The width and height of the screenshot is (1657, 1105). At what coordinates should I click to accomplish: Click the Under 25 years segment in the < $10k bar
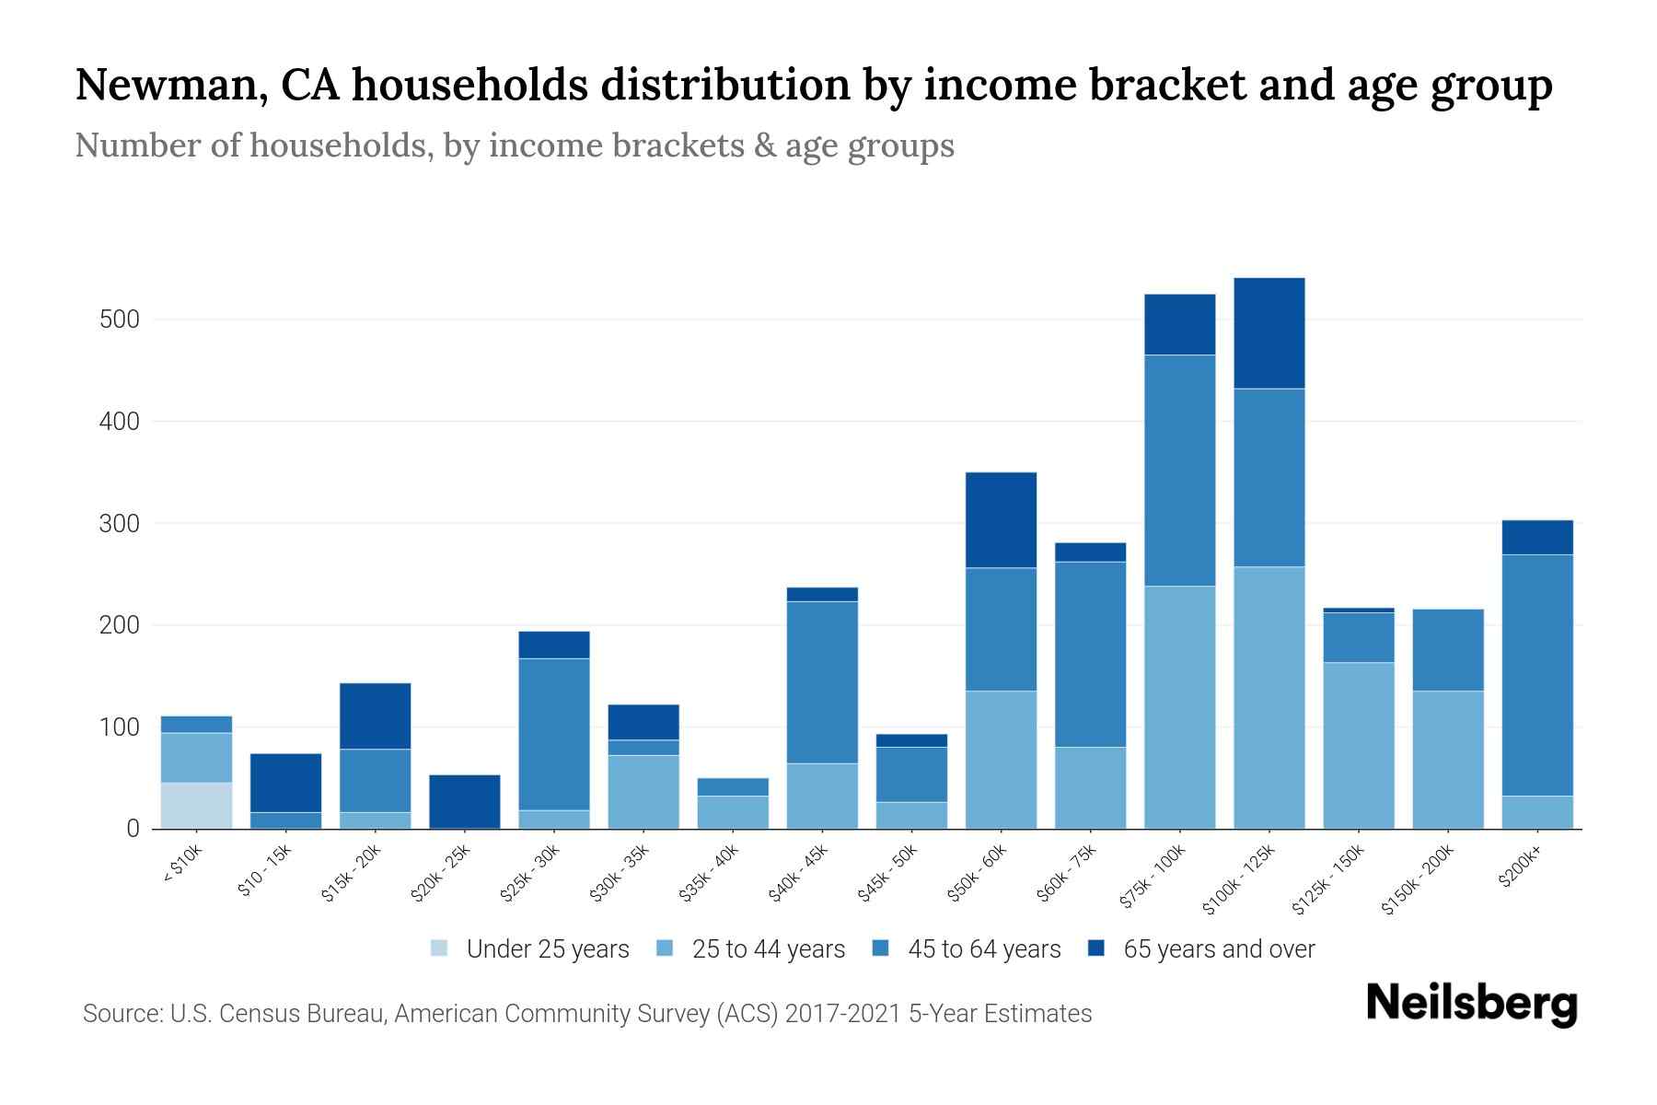[196, 805]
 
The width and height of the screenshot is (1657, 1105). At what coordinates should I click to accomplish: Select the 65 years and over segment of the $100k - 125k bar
[1269, 332]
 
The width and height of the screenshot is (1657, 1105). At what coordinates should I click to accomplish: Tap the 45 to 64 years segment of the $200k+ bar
[1536, 674]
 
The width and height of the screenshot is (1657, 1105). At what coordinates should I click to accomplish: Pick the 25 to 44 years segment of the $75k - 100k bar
[1179, 706]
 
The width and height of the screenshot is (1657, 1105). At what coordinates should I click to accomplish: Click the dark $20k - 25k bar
[465, 800]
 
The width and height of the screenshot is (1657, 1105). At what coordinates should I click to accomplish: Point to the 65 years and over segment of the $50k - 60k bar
[1001, 519]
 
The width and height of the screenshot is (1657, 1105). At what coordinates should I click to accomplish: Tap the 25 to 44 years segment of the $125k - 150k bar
[1358, 745]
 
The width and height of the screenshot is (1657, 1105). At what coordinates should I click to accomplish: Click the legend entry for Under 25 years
[547, 949]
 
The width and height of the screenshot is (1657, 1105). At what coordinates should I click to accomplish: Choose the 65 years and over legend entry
[1218, 949]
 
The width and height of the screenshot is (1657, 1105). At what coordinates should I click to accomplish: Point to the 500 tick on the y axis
[120, 320]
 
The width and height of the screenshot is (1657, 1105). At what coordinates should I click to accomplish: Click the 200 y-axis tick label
[120, 625]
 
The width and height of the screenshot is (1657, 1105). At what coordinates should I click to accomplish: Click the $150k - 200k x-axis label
[1419, 879]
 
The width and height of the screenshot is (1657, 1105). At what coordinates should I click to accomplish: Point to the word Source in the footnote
[120, 1014]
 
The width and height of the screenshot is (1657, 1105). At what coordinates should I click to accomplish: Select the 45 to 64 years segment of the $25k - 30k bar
[554, 734]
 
